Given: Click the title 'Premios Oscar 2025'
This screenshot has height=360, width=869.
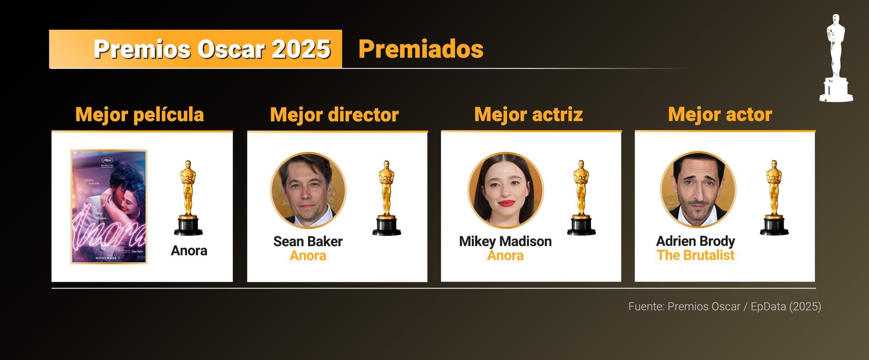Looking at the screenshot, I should click(x=212, y=49).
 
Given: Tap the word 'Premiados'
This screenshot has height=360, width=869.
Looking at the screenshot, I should click(x=421, y=49).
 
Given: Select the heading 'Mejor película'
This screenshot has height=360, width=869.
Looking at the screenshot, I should click(x=140, y=115).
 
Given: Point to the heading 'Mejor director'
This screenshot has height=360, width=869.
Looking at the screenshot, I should click(x=334, y=115).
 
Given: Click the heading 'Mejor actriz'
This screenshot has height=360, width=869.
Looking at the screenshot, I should click(x=528, y=115).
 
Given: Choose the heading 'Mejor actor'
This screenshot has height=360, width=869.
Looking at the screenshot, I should click(x=720, y=115).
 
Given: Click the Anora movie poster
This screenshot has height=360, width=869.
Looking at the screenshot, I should click(x=109, y=207).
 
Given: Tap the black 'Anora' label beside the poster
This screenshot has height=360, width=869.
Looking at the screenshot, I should click(x=189, y=250).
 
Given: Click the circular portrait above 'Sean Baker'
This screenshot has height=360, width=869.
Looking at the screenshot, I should click(x=308, y=190).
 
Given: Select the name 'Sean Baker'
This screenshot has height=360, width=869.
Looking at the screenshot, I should click(x=308, y=241).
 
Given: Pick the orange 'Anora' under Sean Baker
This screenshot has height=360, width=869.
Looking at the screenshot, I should click(x=308, y=256).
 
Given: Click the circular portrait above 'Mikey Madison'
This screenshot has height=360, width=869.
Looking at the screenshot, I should click(x=505, y=190).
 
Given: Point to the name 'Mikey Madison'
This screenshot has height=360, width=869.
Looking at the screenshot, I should click(x=505, y=241).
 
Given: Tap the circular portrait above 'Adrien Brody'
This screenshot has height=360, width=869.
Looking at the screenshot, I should click(x=698, y=190).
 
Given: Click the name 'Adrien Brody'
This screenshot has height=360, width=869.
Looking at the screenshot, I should click(x=695, y=241).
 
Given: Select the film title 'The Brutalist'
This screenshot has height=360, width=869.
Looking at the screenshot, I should click(x=695, y=255).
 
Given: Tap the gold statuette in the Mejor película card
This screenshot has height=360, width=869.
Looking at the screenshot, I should click(x=188, y=198).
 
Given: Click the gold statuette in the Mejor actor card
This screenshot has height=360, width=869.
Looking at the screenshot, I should click(x=774, y=198).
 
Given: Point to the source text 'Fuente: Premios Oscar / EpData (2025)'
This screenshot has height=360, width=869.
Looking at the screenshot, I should click(x=725, y=306).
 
